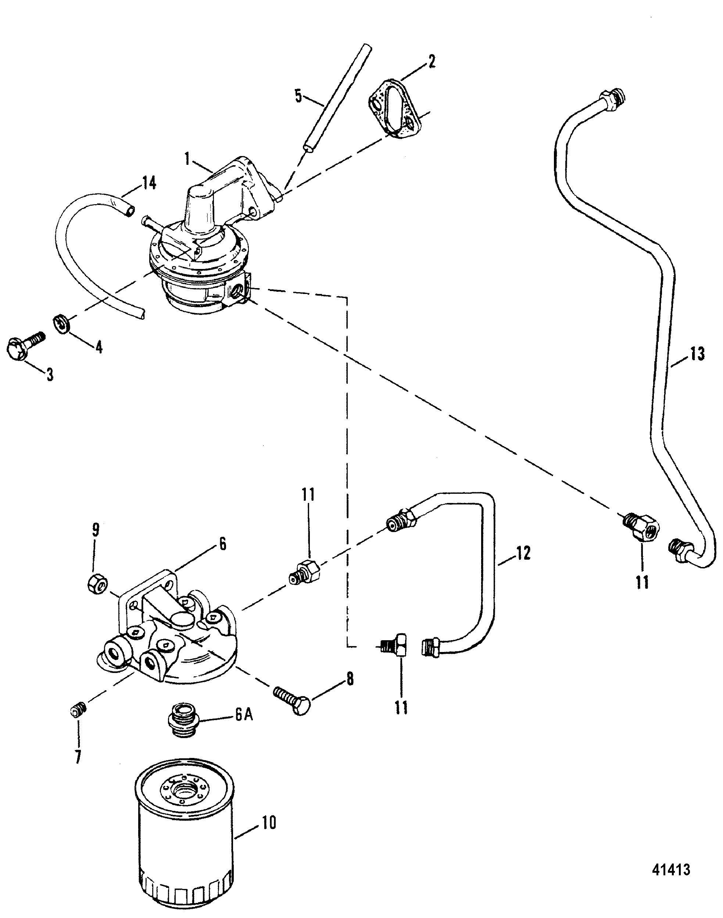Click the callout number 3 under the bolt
pyautogui.click(x=50, y=375)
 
